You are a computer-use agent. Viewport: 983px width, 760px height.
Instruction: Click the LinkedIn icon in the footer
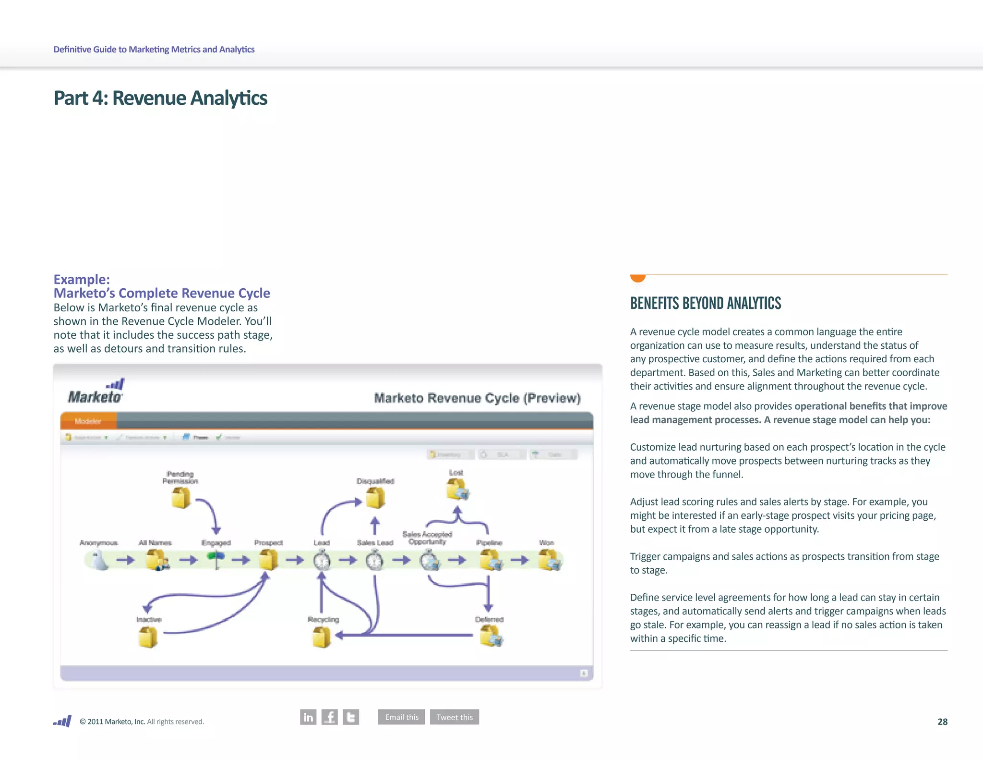(308, 717)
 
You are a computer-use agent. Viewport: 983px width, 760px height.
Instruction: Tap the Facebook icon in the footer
(329, 717)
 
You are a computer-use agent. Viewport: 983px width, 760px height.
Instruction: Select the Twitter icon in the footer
(351, 717)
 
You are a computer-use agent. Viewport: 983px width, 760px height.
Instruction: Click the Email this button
(401, 717)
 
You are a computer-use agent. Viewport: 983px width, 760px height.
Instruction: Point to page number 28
(942, 722)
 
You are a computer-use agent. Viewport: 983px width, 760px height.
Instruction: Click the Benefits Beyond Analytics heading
(705, 303)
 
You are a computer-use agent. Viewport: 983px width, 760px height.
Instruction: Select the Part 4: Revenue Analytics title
(160, 98)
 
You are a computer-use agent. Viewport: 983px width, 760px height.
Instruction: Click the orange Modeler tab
(88, 421)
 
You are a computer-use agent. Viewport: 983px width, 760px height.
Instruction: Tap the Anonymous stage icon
(99, 560)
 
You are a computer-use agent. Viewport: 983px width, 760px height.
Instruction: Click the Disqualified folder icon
(375, 498)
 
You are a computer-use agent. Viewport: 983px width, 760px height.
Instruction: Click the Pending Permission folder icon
(181, 498)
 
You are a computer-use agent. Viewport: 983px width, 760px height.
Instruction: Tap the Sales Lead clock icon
(374, 561)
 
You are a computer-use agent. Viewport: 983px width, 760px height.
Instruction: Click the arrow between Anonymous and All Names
(125, 560)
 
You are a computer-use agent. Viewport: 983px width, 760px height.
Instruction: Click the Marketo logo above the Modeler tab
(96, 392)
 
